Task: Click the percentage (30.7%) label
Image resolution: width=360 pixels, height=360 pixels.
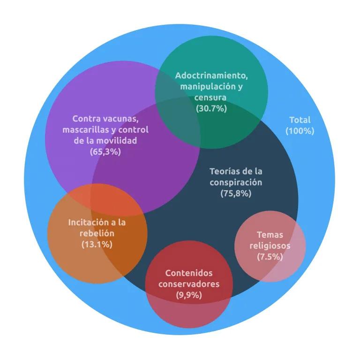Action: click(211, 108)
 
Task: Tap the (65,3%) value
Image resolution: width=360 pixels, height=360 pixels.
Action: click(105, 151)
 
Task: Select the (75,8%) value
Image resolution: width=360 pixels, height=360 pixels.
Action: click(236, 193)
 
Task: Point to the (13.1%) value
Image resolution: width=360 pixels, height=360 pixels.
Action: click(97, 244)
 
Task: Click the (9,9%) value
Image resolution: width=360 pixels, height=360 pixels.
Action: click(189, 295)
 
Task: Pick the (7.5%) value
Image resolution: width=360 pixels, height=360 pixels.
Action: click(270, 256)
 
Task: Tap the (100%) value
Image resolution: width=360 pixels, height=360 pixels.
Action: click(300, 131)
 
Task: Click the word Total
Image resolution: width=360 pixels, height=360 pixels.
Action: click(300, 120)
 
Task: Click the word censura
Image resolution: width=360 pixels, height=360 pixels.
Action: click(210, 97)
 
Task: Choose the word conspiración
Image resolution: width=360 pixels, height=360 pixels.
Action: click(236, 182)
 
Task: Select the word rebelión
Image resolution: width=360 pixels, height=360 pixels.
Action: click(97, 233)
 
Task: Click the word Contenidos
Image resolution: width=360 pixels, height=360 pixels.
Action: click(189, 273)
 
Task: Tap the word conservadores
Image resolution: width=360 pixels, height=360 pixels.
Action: click(189, 284)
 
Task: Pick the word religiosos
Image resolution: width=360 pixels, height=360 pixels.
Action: click(270, 246)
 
